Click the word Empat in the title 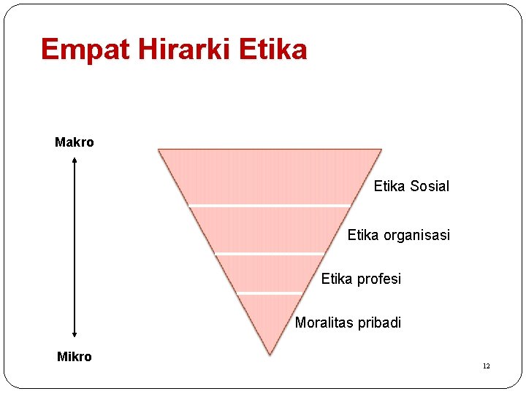pos(76,50)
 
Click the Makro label pos(75,142)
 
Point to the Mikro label pos(75,357)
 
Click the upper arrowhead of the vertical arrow pos(75,161)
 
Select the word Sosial pos(430,186)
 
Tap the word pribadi pos(380,323)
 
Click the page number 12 pos(486,366)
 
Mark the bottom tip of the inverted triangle pos(270,354)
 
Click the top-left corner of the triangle pos(159,150)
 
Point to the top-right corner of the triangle pos(381,150)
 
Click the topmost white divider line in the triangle pos(270,206)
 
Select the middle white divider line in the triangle pos(270,253)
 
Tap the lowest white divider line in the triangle pos(270,293)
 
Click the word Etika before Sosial pos(389,186)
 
